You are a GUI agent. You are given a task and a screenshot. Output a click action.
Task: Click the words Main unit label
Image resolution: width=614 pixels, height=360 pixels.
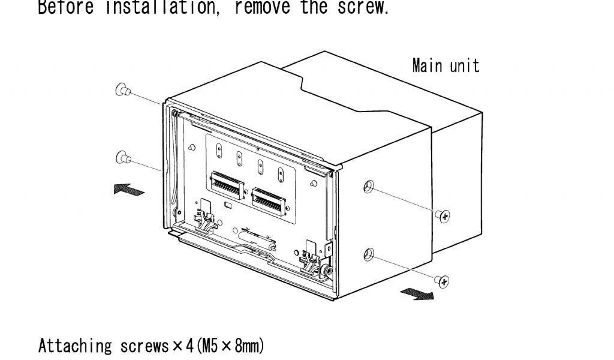tap(446, 65)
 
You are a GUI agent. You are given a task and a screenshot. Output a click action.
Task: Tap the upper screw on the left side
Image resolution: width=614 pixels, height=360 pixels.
tap(122, 90)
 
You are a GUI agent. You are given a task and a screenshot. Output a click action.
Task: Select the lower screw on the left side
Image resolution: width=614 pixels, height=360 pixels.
tap(122, 157)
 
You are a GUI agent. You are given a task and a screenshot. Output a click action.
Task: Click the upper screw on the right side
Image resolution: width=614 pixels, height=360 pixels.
tap(444, 215)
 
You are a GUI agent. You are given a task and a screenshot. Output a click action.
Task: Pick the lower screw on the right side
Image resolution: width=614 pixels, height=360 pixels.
tap(444, 280)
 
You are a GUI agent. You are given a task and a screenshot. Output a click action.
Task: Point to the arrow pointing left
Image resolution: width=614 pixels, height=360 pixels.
tap(128, 190)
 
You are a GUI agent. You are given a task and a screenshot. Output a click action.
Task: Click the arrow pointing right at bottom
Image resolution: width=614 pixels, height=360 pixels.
tap(417, 293)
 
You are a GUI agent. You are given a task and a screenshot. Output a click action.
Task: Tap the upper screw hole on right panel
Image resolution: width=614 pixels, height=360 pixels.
tap(368, 187)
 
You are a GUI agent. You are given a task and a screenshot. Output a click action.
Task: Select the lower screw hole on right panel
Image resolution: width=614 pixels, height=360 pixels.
tap(368, 253)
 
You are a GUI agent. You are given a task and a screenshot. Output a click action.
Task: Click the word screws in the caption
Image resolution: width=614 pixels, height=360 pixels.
tap(140, 346)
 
